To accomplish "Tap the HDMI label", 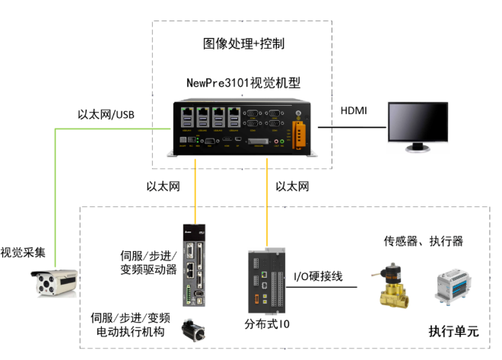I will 353,111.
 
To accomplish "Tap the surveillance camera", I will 54,285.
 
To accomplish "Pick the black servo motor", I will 193,330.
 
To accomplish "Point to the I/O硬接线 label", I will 318,276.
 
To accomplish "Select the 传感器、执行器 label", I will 423,241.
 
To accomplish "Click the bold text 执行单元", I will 453,331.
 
